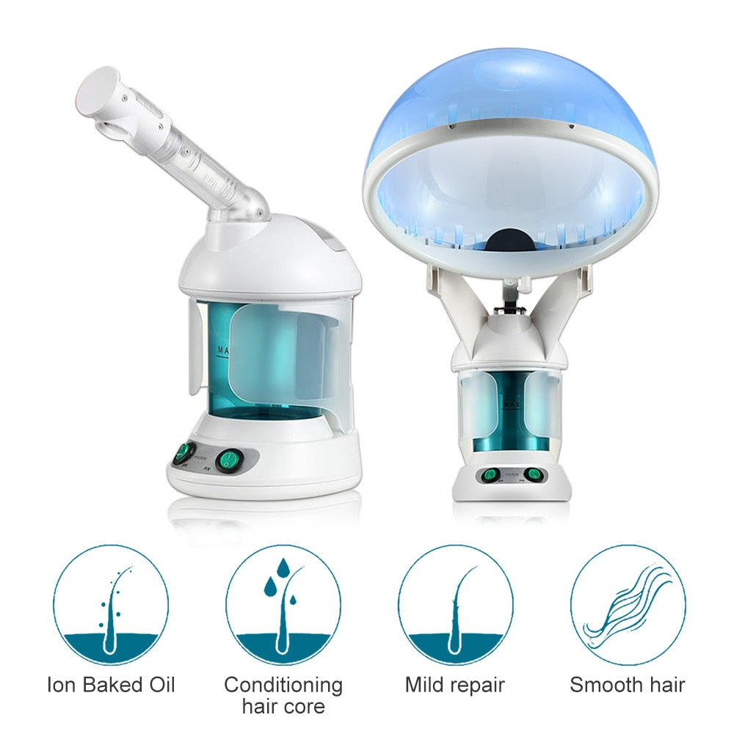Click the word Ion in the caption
coord(60,686)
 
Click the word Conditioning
coord(283,686)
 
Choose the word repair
coord(478,686)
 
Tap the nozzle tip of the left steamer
coord(99,88)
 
